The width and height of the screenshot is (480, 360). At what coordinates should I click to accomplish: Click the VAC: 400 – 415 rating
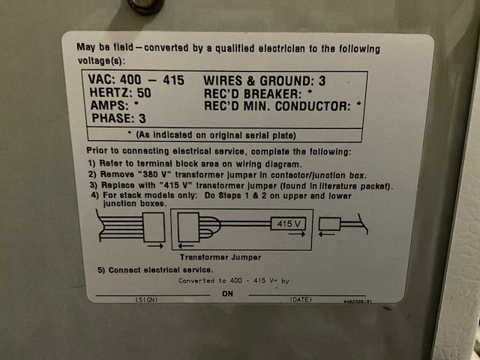[136, 80]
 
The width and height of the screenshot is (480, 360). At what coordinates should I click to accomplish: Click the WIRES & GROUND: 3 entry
[268, 80]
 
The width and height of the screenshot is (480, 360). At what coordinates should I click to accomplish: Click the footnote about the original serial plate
[223, 135]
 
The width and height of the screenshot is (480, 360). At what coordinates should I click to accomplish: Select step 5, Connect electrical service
[155, 269]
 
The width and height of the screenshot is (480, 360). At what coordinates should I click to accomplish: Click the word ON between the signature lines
[229, 294]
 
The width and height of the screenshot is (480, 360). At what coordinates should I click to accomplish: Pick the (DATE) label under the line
[300, 299]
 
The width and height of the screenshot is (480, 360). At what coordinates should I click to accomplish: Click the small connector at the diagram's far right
[331, 223]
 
